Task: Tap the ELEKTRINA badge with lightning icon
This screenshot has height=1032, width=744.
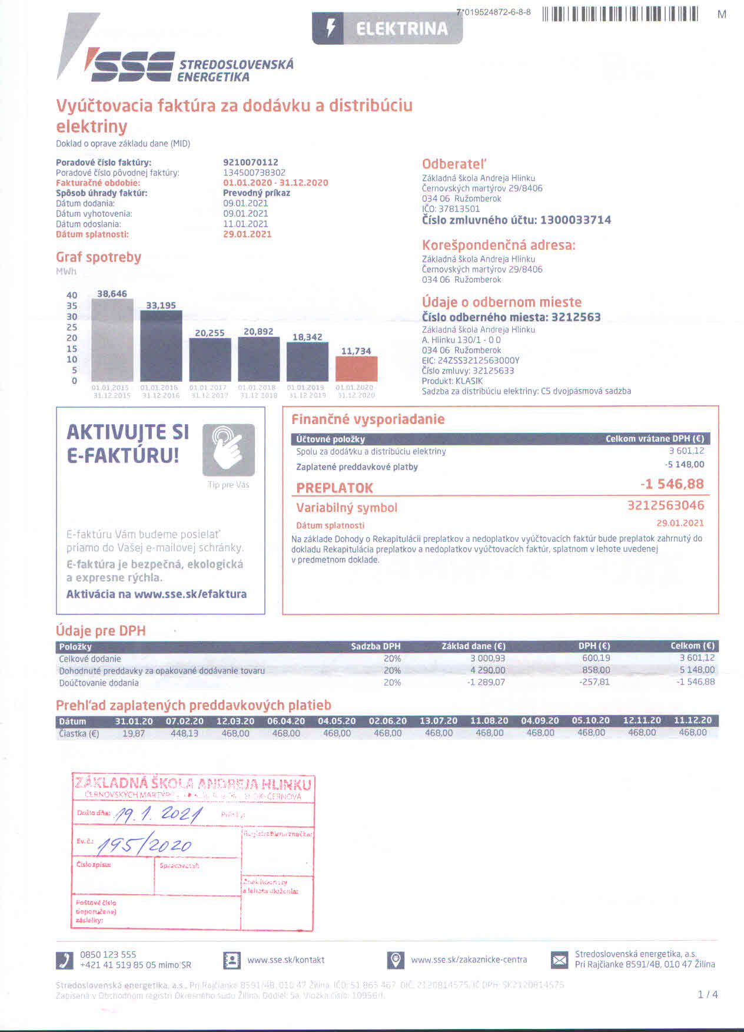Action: [387, 28]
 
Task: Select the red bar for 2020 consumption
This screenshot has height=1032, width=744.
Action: [356, 369]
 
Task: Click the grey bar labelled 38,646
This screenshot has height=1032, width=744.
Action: [112, 340]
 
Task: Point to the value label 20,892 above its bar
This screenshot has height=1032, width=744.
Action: [258, 332]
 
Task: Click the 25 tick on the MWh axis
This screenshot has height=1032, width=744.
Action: [71, 327]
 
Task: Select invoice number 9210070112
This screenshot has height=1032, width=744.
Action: [250, 162]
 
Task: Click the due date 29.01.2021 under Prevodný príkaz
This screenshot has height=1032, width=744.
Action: [247, 234]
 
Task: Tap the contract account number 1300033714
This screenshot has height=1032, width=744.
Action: [575, 220]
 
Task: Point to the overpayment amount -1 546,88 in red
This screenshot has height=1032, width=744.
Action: [672, 484]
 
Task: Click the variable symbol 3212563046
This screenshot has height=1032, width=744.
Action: [665, 505]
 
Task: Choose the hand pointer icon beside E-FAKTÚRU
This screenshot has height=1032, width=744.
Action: [228, 449]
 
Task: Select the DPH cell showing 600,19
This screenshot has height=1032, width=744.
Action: [596, 658]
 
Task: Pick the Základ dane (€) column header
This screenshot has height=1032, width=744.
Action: [473, 646]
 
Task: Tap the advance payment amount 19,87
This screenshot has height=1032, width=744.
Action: [133, 733]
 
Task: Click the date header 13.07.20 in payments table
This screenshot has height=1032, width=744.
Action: [438, 721]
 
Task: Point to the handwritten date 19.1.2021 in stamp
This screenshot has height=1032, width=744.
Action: [158, 815]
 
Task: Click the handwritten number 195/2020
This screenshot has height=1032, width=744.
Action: [145, 846]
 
